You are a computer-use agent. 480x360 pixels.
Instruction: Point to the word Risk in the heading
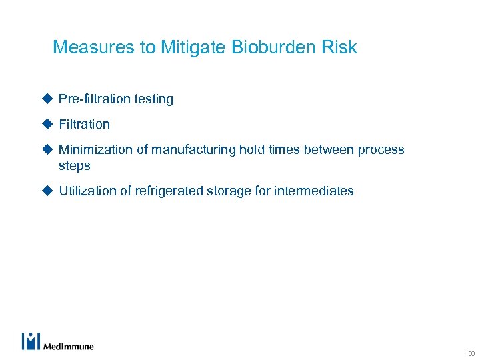[x=341, y=47]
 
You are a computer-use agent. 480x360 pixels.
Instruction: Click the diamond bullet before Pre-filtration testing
[x=47, y=99]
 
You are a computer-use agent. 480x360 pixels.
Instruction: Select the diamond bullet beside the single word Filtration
[x=47, y=124]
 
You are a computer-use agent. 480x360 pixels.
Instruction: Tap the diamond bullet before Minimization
[x=47, y=149]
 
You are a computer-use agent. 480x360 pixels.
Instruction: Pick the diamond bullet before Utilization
[x=47, y=191]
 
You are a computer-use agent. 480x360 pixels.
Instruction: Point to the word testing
[x=153, y=99]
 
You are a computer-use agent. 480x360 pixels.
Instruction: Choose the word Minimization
[x=96, y=150]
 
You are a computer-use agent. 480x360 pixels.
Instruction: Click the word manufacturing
[x=192, y=150]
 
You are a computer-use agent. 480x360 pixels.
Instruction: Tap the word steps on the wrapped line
[x=74, y=165]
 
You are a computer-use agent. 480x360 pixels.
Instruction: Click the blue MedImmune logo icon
[x=31, y=341]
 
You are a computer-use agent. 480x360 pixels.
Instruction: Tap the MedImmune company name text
[x=69, y=346]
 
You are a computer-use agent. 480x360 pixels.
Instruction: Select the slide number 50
[x=471, y=353]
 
